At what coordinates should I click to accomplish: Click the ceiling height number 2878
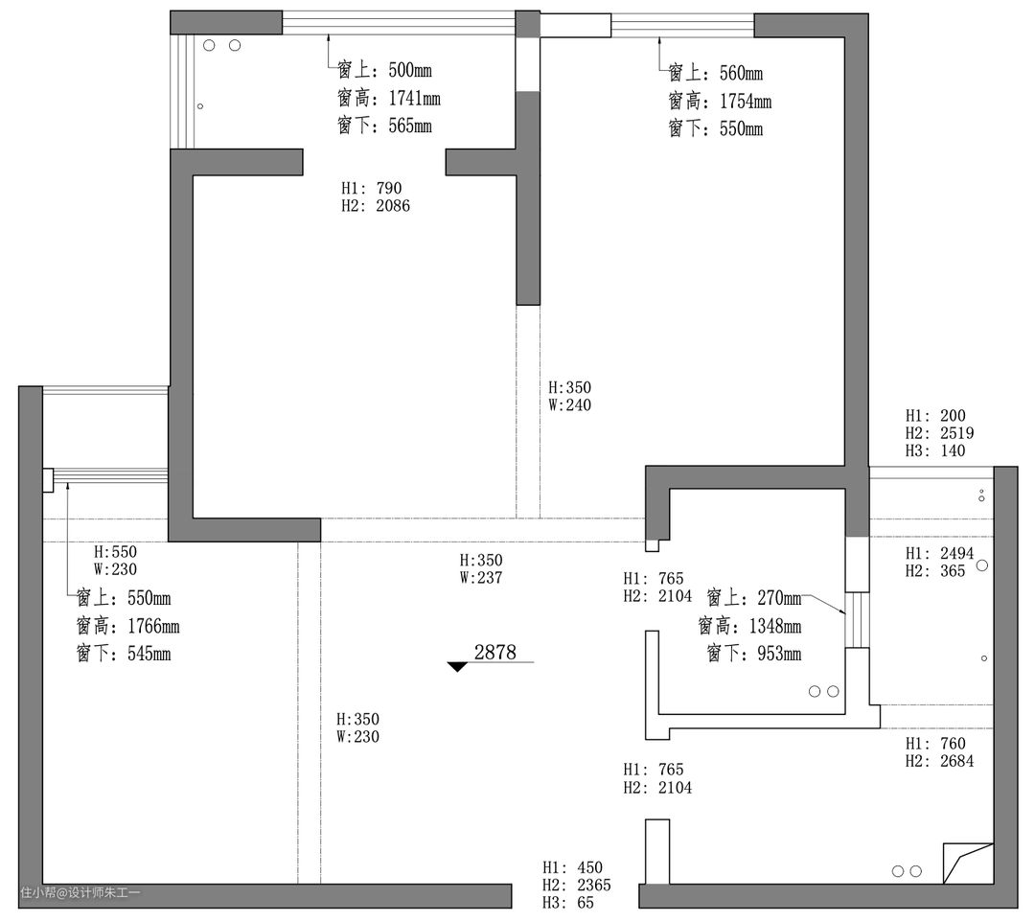click(495, 652)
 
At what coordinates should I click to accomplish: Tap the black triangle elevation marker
click(457, 667)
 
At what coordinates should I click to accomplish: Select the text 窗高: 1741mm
click(389, 99)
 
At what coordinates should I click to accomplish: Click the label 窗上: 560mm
click(716, 73)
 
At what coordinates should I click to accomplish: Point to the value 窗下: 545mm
click(124, 654)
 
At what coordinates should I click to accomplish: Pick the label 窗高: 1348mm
click(749, 626)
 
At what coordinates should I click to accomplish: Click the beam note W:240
click(569, 405)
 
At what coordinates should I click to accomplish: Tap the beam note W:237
click(481, 578)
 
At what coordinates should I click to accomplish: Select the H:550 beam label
click(116, 552)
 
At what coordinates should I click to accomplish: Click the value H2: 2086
click(376, 206)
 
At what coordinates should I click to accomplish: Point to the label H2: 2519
click(940, 433)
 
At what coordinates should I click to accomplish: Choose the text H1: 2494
click(940, 553)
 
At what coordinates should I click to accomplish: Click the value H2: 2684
click(940, 761)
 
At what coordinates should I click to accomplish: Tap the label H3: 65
click(568, 903)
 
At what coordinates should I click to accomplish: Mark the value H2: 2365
click(577, 885)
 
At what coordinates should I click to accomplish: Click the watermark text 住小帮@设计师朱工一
click(80, 893)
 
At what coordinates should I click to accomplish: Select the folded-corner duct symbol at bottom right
click(968, 864)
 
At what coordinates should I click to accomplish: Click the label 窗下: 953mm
click(754, 654)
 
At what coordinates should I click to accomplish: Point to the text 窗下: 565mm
click(385, 126)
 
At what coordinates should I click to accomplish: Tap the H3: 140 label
click(935, 450)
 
